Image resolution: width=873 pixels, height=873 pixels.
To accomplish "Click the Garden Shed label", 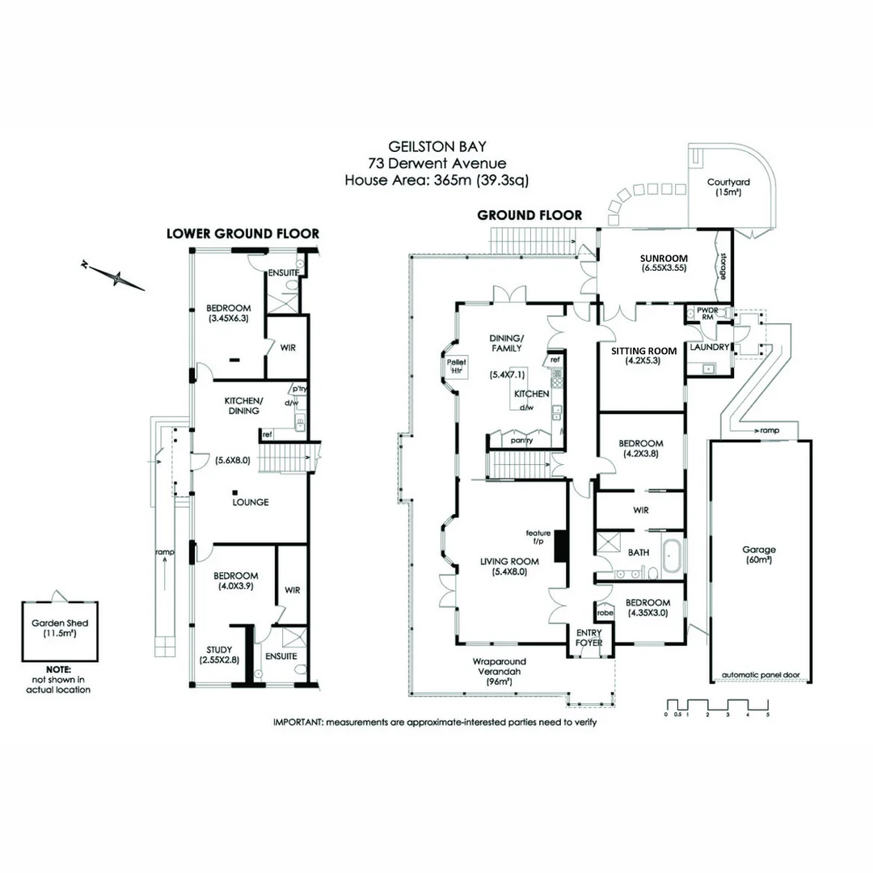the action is (60, 628).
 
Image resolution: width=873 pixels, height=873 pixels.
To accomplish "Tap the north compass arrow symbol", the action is (118, 278).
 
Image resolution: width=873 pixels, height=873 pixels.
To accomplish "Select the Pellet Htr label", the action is (452, 365).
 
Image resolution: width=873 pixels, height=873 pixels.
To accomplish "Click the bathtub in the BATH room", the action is (670, 553).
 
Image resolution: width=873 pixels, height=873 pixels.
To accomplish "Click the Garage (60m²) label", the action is (758, 555).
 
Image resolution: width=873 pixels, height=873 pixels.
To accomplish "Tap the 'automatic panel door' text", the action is (760, 674).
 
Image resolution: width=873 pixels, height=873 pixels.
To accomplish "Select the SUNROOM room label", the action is (664, 261).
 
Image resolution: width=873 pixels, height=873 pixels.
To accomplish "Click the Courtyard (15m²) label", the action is (727, 187).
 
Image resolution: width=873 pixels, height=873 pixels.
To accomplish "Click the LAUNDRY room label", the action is (709, 348).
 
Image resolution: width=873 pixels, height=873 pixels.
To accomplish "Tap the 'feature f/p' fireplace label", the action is (538, 538).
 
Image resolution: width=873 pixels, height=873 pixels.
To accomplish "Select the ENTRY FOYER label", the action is (588, 638).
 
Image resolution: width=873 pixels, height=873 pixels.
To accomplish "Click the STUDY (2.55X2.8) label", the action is (219, 654).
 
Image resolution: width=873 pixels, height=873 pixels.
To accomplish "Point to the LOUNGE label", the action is (250, 502).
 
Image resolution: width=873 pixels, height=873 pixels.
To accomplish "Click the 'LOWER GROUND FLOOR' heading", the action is (242, 233).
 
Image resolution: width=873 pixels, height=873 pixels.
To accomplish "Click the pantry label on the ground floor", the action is (520, 441).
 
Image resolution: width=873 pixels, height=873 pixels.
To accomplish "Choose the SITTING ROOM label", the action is (643, 356).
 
